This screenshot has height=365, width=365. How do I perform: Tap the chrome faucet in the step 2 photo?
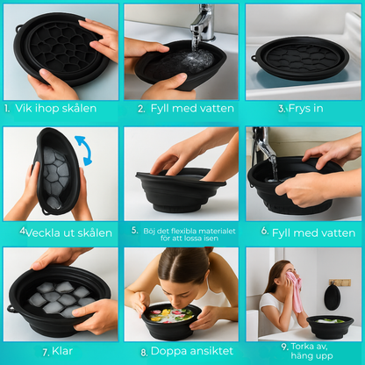coord(203,23)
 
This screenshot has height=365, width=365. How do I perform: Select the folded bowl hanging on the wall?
coord(333,297)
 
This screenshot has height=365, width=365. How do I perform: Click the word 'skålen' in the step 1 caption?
coord(77,109)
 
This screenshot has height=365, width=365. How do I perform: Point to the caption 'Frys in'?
coord(306,109)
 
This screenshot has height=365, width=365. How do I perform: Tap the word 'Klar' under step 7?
coord(62,351)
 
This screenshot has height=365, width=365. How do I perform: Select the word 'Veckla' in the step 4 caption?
coord(43,233)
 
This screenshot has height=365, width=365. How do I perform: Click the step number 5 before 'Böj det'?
coord(134,231)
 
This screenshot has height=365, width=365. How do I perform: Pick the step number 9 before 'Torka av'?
coord(285,347)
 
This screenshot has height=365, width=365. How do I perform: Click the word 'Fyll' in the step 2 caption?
coord(160,109)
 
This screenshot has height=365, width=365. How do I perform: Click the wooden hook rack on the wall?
coord(340,283)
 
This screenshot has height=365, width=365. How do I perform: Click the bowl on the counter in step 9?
coord(330,326)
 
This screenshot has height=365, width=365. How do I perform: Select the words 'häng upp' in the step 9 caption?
coord(311,356)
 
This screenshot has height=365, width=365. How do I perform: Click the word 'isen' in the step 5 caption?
coord(211,239)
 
